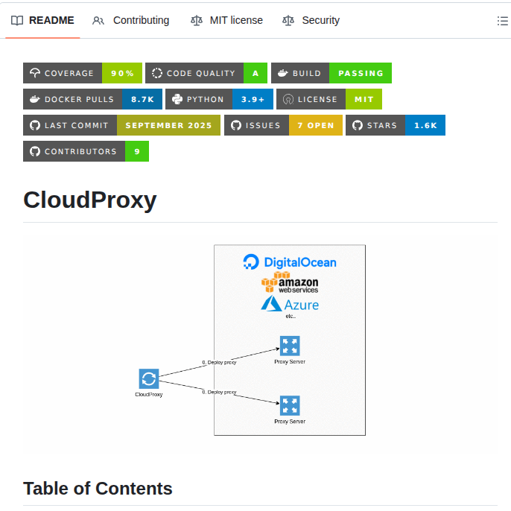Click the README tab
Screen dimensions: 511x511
point(43,20)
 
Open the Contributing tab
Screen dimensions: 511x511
point(131,20)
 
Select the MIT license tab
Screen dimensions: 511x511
point(226,20)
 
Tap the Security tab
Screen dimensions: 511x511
point(311,20)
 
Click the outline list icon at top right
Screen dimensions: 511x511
point(503,21)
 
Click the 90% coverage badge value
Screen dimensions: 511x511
point(122,73)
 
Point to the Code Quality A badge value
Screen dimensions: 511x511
point(256,73)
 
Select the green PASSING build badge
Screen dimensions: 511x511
point(361,73)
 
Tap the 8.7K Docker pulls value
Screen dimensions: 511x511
point(142,99)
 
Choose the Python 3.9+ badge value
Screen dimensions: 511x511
point(253,99)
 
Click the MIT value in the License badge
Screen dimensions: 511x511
point(364,99)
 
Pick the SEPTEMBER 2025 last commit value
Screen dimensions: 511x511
point(168,125)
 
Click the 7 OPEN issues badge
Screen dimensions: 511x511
point(316,125)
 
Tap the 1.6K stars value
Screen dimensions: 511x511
point(425,125)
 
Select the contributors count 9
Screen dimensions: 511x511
point(137,151)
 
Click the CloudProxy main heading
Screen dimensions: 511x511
point(90,200)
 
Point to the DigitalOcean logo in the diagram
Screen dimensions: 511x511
point(290,262)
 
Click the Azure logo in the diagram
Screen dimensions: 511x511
point(290,304)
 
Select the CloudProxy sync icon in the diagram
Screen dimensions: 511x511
point(148,378)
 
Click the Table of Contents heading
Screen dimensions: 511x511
point(98,489)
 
